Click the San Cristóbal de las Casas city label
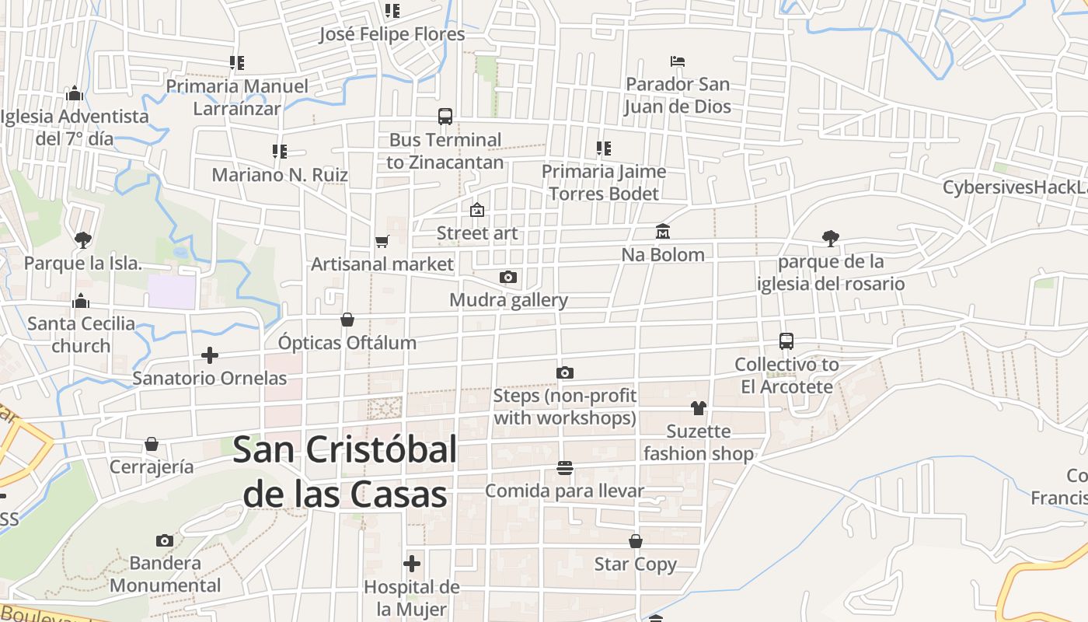(345, 472)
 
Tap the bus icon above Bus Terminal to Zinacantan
(445, 117)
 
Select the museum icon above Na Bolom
(663, 231)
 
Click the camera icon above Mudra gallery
(508, 277)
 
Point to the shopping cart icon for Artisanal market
(382, 241)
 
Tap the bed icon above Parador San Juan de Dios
(678, 61)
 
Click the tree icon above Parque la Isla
(82, 239)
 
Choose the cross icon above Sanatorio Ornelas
(209, 355)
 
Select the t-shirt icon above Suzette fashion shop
(698, 408)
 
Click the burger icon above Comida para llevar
(565, 468)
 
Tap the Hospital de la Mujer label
(412, 598)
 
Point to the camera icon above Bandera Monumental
(165, 540)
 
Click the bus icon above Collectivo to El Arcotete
(786, 341)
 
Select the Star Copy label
(635, 564)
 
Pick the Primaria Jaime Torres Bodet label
(604, 182)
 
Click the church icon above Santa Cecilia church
(81, 301)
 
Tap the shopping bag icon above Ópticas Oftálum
(347, 320)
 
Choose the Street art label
(476, 233)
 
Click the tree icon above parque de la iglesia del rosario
(830, 239)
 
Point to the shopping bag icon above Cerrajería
(152, 444)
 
